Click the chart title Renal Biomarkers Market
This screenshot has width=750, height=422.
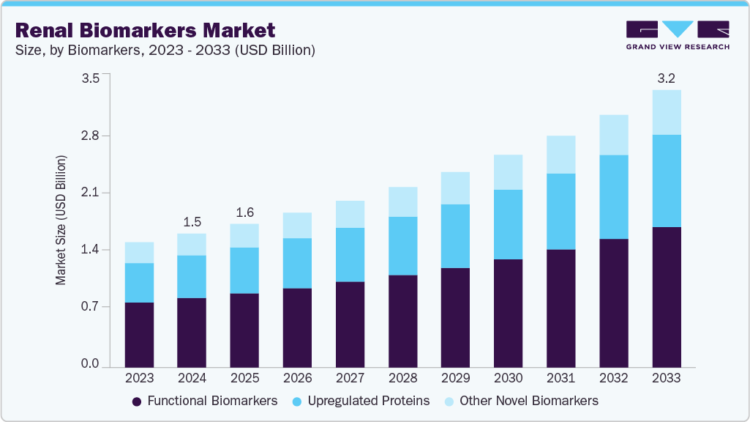pos(145,30)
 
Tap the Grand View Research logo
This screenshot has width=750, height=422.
pos(678,35)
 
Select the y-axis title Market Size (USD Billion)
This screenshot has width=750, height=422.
pos(61,220)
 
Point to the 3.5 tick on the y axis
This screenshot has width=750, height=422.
pos(90,79)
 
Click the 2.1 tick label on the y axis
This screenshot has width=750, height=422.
pos(90,193)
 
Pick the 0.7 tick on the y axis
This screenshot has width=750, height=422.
pos(90,307)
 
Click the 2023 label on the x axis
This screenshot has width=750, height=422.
pos(139,378)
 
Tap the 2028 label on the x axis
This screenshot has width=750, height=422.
pos(402,378)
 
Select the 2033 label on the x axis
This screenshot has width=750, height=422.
pos(667,378)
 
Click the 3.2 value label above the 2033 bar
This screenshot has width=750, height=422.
pos(667,78)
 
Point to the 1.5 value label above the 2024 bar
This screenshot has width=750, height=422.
pos(192,221)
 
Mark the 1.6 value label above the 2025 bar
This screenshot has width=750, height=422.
pos(244,212)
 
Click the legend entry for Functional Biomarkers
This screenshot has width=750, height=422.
pos(205,401)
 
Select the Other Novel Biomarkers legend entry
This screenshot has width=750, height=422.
pos(521,401)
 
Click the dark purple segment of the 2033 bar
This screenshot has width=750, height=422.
pos(667,297)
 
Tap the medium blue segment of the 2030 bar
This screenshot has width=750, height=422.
pos(509,224)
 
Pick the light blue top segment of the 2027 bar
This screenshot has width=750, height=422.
pos(350,214)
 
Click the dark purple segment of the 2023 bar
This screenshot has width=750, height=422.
pos(139,334)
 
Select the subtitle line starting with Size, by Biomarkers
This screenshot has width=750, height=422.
pos(165,51)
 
